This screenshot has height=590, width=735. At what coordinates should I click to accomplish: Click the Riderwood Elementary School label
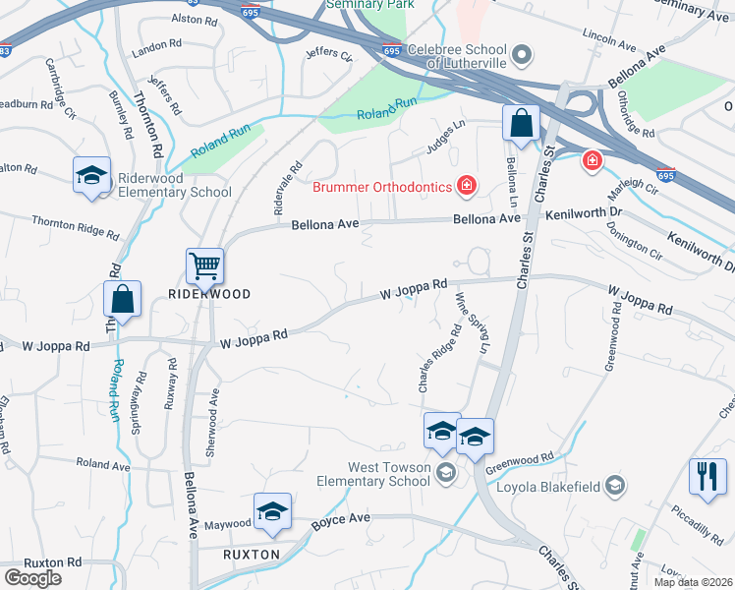[x=175, y=186]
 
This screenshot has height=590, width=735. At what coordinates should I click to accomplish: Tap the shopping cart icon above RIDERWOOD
[x=204, y=265]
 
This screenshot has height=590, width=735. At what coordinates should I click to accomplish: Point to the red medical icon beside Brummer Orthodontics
[x=468, y=186]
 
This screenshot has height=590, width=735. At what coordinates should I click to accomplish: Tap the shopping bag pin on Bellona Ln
[x=521, y=124]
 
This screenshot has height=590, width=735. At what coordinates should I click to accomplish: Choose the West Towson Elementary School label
[x=373, y=475]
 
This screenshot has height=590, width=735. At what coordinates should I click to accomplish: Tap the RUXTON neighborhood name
[x=252, y=554]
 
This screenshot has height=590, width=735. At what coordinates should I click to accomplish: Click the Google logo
[x=32, y=577]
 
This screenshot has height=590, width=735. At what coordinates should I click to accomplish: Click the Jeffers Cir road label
[x=328, y=55]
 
